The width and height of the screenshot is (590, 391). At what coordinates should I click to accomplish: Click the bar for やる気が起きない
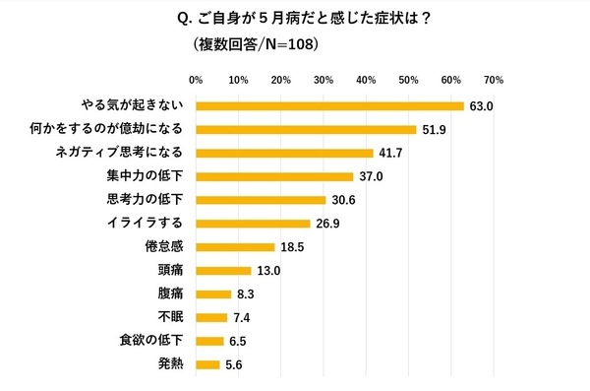pos(329,105)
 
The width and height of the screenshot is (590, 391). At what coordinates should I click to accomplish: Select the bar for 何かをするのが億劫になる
pos(306,129)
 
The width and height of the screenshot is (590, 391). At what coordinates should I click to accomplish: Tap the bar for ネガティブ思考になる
pos(284,153)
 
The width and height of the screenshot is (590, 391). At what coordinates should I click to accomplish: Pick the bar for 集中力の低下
pos(274,176)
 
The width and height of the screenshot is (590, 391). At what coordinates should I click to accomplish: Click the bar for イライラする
pos(253,224)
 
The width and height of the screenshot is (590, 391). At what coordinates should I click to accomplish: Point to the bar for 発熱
pos(207,364)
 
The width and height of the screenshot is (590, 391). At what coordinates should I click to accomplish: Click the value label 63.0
pos(481,105)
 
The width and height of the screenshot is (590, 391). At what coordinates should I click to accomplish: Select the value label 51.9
pos(434,129)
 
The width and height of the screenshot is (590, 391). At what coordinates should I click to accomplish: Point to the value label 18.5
pos(292,247)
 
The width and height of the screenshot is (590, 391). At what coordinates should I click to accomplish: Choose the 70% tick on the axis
pos(494,79)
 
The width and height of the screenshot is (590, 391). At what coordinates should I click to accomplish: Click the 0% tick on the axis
pos(196,79)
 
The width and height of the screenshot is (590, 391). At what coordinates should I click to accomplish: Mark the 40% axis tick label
pos(366,79)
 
